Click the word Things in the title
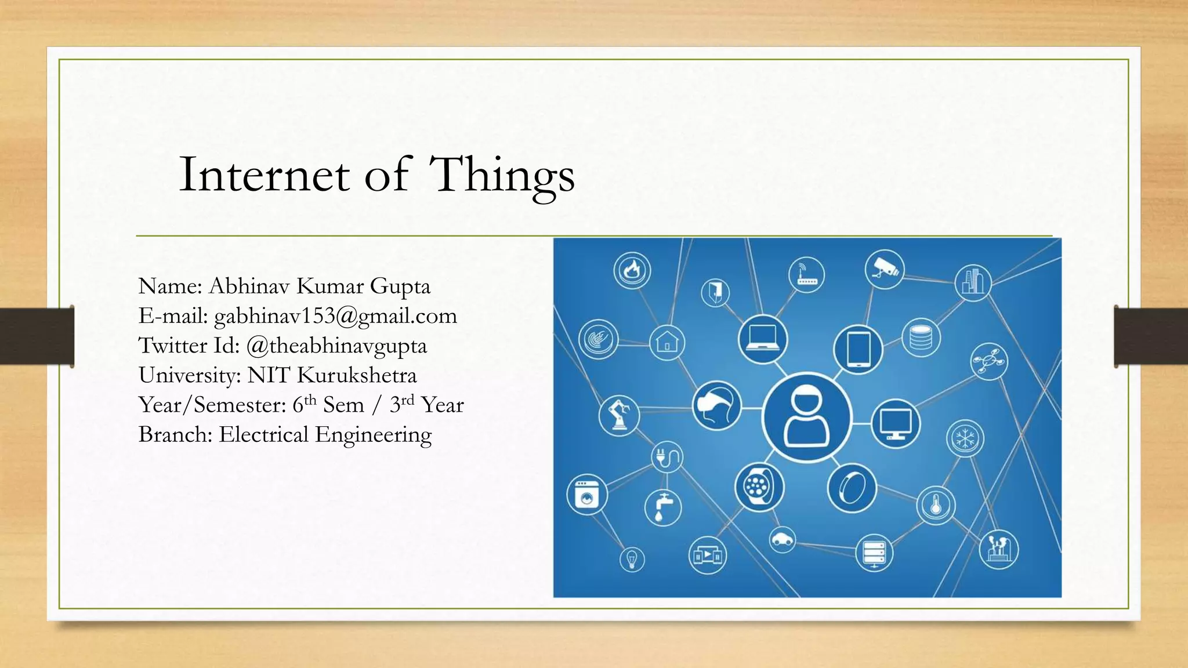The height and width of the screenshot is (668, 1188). (504, 175)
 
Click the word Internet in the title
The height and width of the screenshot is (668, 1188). (264, 175)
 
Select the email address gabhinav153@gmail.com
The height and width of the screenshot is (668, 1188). (335, 316)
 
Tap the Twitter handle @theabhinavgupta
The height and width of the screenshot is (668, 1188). (336, 346)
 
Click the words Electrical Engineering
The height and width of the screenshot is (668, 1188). (325, 435)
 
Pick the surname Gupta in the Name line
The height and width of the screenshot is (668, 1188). (400, 286)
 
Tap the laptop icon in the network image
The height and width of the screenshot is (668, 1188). (762, 339)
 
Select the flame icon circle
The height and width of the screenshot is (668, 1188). (632, 270)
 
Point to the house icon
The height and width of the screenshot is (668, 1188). (667, 342)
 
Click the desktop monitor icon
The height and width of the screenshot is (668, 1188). (895, 423)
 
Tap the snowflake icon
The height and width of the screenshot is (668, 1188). (965, 438)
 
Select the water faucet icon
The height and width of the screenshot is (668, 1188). (662, 507)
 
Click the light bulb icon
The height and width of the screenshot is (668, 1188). (632, 560)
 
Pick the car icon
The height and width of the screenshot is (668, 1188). (783, 540)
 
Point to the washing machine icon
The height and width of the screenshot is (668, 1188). (586, 495)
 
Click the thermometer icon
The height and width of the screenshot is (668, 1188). (936, 505)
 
